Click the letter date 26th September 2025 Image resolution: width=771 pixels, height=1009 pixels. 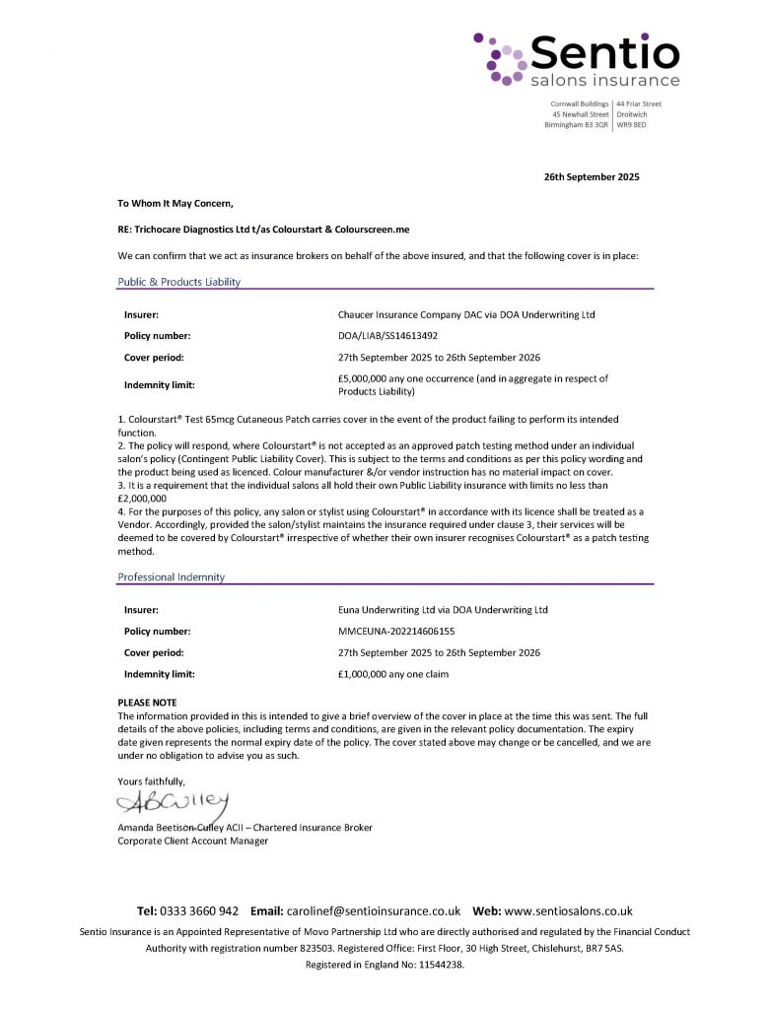[592, 177]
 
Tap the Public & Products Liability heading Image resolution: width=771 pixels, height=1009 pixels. [178, 282]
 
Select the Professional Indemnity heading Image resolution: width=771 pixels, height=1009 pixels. [171, 576]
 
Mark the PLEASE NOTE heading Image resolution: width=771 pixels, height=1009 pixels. [147, 702]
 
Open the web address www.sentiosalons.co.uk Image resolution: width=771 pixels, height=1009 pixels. [568, 911]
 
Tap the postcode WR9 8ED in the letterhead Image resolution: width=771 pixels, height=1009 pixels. [632, 125]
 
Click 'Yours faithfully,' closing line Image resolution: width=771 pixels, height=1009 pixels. [151, 781]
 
